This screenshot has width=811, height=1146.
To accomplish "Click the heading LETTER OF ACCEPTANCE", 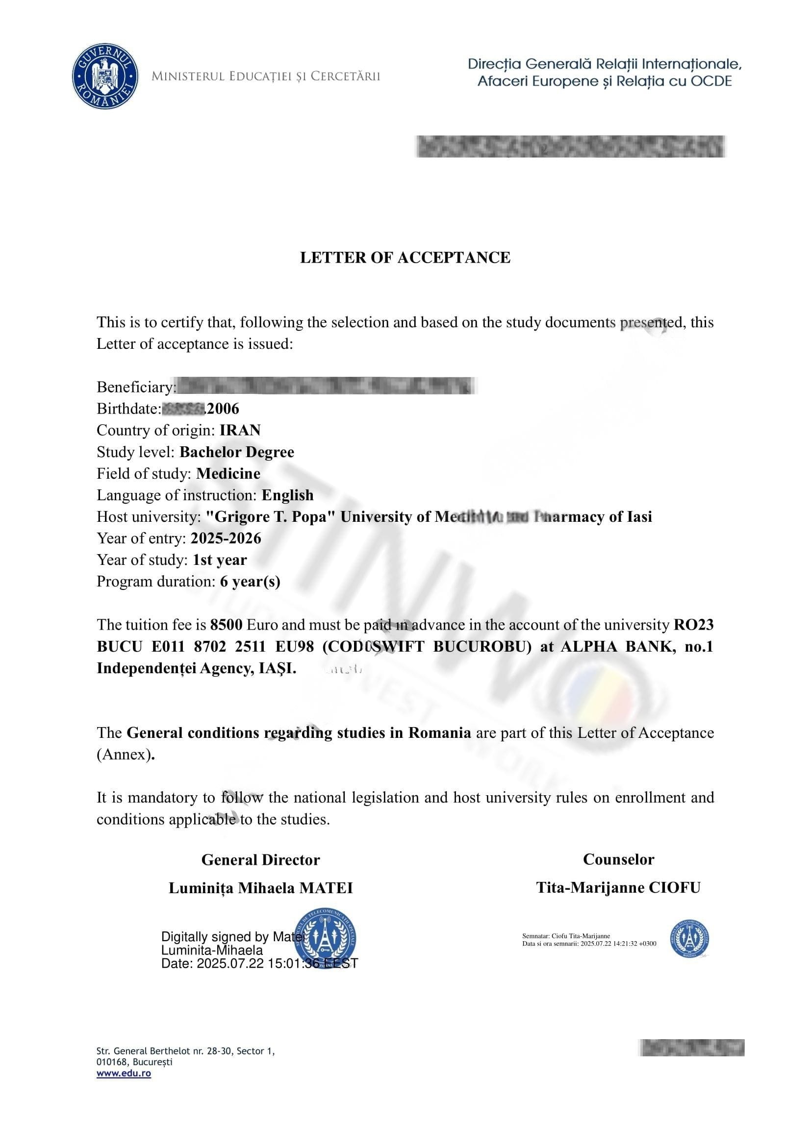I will (x=405, y=258).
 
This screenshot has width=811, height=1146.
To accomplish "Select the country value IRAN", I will (x=240, y=430).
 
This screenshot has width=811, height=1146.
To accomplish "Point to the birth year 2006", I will (x=223, y=409).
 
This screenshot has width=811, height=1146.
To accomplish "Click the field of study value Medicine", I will (x=228, y=474).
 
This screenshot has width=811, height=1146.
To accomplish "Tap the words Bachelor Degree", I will (x=237, y=452).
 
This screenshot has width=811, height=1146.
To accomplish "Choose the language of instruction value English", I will (x=288, y=495).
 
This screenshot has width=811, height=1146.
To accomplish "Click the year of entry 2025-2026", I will (x=226, y=538).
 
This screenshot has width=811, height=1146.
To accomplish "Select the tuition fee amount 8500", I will (x=226, y=625).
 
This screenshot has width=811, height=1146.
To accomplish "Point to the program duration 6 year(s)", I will (x=250, y=582).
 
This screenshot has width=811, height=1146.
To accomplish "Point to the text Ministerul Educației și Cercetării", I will (x=266, y=76).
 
